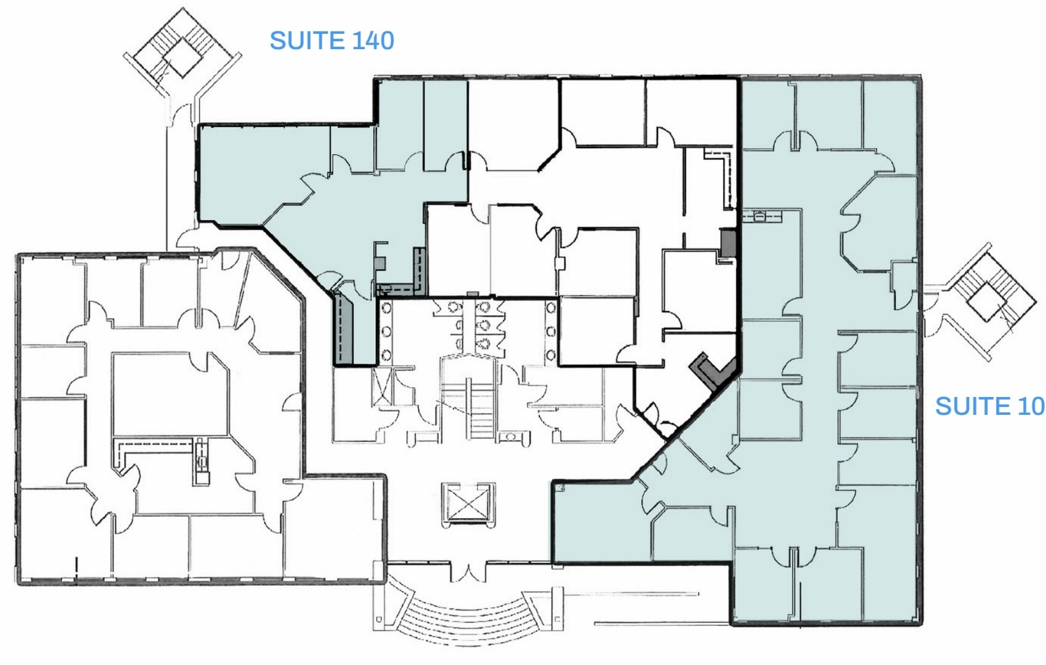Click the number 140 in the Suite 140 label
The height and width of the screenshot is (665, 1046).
373,41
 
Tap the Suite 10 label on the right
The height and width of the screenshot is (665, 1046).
989,406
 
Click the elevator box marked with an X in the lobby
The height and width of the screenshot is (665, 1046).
467,503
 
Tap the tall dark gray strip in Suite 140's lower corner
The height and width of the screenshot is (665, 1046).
343,329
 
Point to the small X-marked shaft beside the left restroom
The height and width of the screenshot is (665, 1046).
381,386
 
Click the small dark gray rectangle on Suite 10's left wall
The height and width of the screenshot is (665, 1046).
728,243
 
